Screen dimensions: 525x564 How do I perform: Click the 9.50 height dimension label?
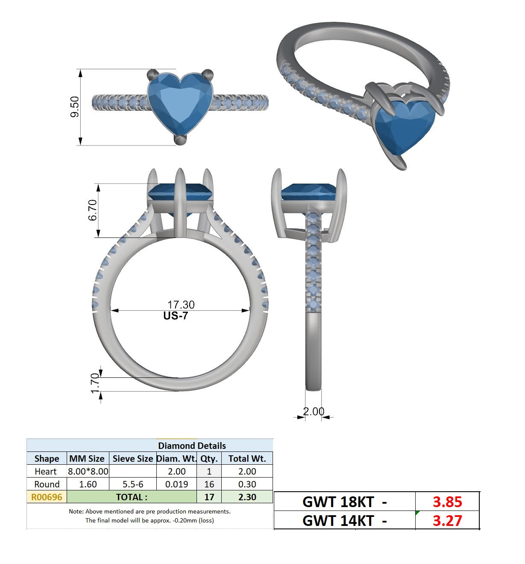[x=75, y=107]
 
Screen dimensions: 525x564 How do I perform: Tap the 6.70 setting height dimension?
[x=93, y=210]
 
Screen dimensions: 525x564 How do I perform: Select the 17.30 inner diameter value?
[x=181, y=305]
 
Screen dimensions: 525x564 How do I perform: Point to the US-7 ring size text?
[x=176, y=316]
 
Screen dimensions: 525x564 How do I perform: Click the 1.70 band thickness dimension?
[x=95, y=383]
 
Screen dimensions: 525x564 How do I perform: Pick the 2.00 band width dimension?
[x=314, y=411]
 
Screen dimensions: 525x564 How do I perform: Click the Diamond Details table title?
[x=192, y=445]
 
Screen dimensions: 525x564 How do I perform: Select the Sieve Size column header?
[x=133, y=458]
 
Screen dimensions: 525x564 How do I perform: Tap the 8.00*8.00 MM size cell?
[x=88, y=472]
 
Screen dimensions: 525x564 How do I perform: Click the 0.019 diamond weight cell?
[x=176, y=484]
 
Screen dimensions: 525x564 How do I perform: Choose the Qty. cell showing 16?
[x=209, y=484]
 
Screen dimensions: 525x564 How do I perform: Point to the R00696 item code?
[x=47, y=497]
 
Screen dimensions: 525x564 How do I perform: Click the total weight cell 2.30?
[x=247, y=497]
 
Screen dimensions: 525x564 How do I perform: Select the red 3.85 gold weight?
[x=447, y=502]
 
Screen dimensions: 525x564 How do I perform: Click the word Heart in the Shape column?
[x=45, y=472]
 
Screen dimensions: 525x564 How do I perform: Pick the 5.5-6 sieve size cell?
[x=133, y=484]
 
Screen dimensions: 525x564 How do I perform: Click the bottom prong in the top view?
[x=180, y=140]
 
